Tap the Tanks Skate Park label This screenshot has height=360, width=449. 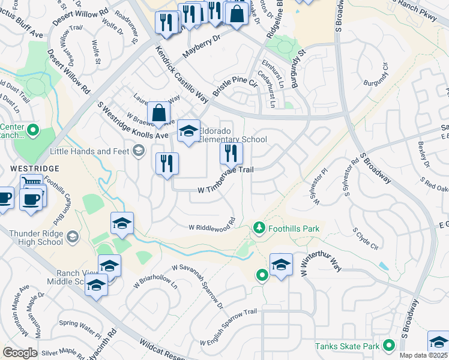pos(348,346)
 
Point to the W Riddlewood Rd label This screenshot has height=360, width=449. pos(211,223)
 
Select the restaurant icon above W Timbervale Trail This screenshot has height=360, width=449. pos(231,154)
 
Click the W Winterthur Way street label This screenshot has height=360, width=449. pos(312,259)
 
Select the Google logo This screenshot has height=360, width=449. pos(20,352)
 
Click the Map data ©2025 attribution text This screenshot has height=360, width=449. pos(423,355)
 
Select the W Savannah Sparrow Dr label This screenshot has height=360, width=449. pos(197,286)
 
